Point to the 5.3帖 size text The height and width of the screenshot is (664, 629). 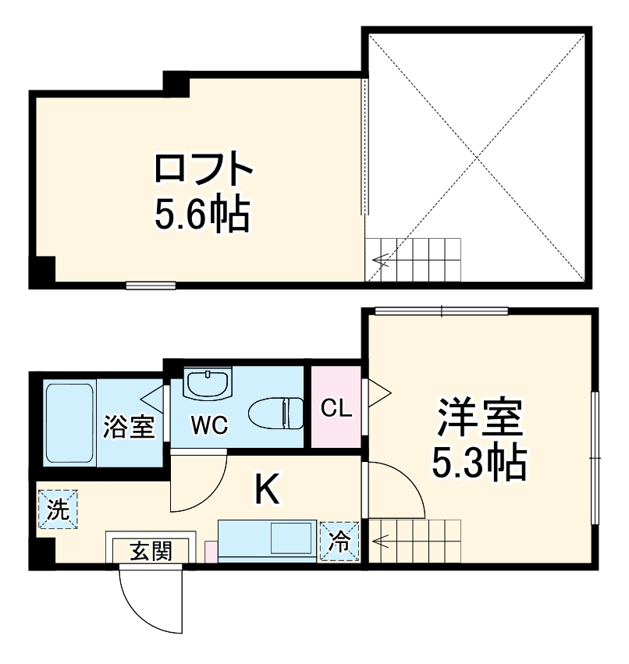click(478, 464)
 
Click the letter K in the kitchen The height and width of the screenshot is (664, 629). click(267, 489)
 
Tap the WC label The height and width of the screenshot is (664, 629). click(209, 426)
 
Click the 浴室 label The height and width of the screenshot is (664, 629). click(129, 427)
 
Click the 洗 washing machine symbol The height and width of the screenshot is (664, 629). click(58, 509)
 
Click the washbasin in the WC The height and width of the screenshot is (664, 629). click(208, 383)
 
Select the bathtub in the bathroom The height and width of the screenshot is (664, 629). click(69, 422)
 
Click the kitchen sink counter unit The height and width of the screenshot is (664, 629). click(268, 540)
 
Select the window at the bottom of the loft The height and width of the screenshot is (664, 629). click(151, 285)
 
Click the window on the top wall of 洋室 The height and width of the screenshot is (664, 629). click(441, 311)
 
